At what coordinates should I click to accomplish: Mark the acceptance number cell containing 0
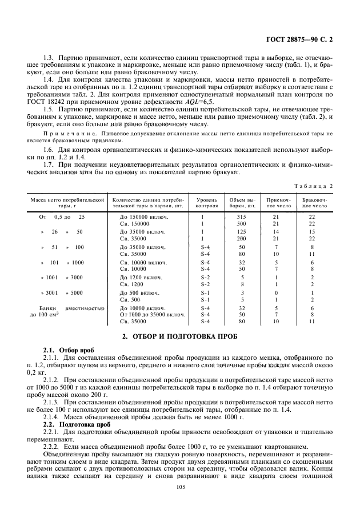276,292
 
